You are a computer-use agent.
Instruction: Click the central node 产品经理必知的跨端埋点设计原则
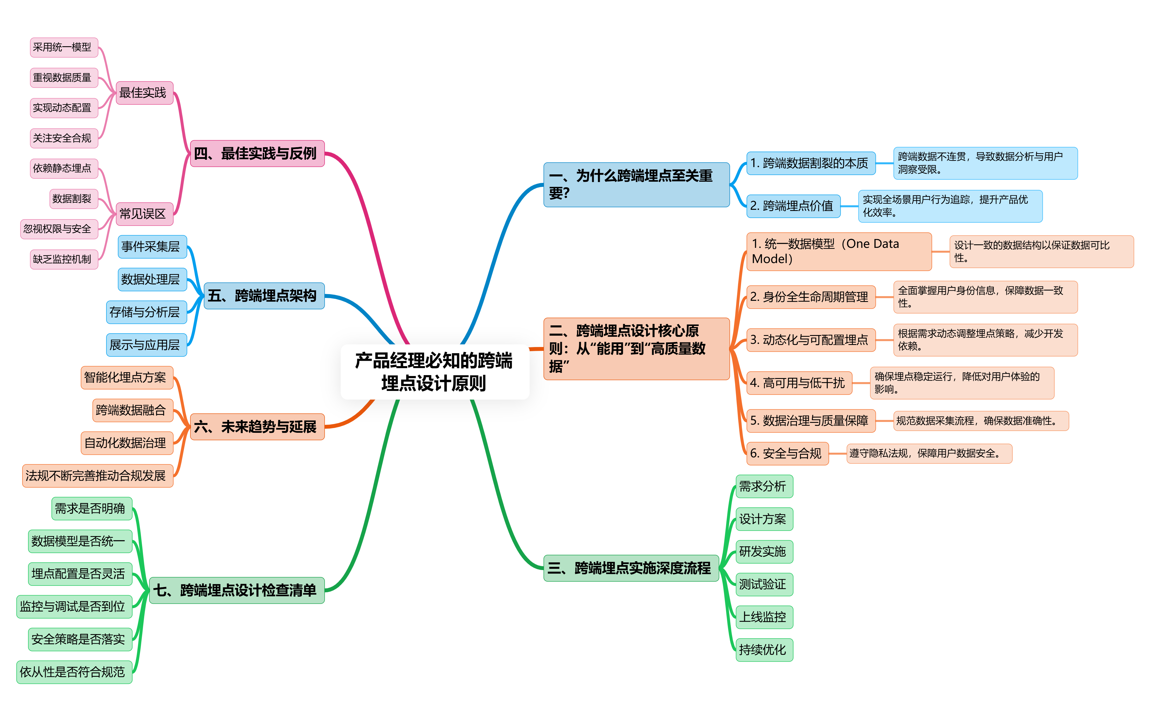(x=435, y=372)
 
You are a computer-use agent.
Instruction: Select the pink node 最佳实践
(x=144, y=92)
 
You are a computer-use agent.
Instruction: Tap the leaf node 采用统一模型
(x=64, y=47)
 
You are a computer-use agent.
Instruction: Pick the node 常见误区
(x=144, y=214)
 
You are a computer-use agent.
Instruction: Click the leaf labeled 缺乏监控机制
(x=64, y=259)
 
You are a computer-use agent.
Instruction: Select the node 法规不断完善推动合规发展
(x=97, y=476)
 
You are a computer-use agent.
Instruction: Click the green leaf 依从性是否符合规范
(x=74, y=672)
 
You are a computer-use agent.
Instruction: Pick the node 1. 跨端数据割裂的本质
(x=810, y=163)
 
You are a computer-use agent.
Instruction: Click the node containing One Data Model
(x=838, y=252)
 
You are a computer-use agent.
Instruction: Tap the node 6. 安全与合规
(x=787, y=453)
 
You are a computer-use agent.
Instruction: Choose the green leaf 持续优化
(x=764, y=650)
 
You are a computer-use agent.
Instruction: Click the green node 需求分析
(x=764, y=486)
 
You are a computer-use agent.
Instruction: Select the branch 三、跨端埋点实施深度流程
(x=630, y=568)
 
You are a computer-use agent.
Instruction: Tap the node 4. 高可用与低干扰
(x=798, y=383)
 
